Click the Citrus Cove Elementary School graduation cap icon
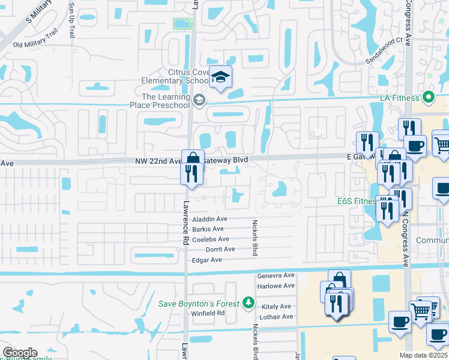coord(221,77)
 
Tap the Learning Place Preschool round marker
coord(199,99)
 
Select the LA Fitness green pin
coord(428,97)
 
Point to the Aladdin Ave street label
coord(209,219)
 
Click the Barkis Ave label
coord(208,229)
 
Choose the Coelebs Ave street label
coord(211,239)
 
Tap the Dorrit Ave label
coord(220,249)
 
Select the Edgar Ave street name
coord(207,260)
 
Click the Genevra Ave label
coord(276,276)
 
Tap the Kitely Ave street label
coord(276,307)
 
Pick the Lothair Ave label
coord(276,317)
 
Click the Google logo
coord(20,353)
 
